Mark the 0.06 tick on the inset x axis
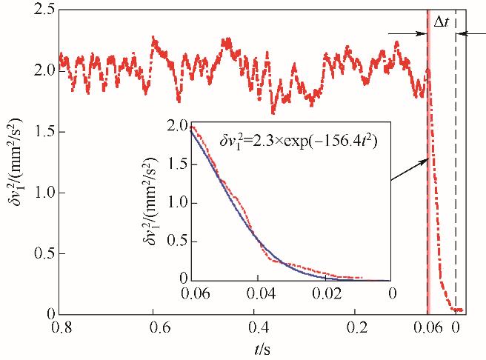click(x=191, y=281)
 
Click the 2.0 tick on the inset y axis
click(x=191, y=126)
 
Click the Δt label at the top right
click(x=441, y=22)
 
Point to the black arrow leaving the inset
click(x=408, y=169)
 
